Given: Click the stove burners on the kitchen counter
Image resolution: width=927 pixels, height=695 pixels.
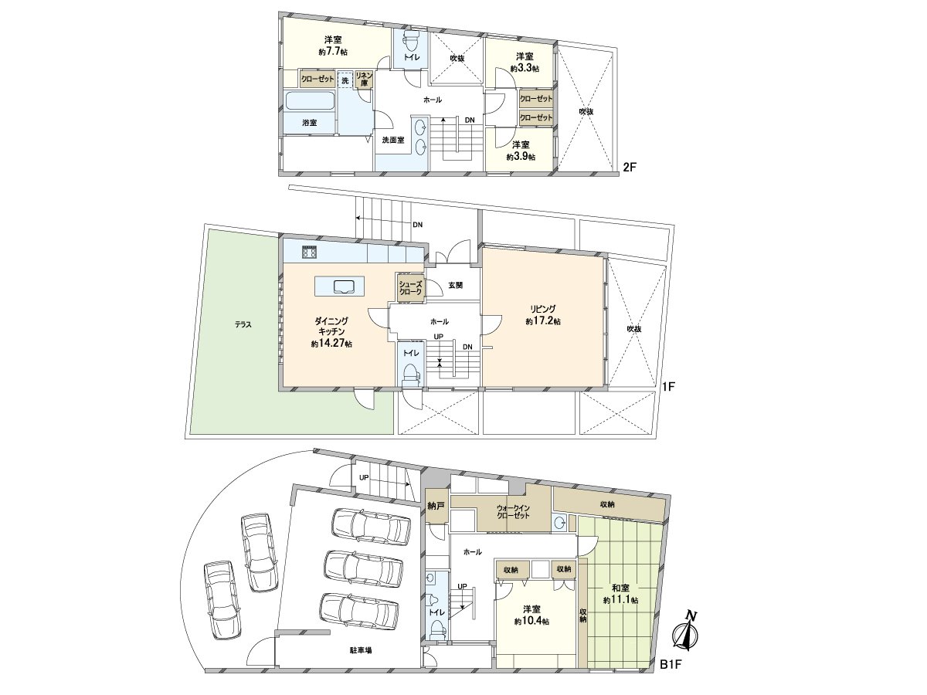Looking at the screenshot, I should (310, 253).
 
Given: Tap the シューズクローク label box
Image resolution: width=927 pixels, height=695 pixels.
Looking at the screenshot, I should (411, 288).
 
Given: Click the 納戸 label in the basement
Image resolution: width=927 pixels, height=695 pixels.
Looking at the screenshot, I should (436, 507).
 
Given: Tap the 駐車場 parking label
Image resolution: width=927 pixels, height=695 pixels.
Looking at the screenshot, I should (360, 650).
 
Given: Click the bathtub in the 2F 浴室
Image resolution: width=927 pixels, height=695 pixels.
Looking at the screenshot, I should (309, 101).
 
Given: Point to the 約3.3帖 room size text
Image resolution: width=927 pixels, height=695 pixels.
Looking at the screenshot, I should (525, 69).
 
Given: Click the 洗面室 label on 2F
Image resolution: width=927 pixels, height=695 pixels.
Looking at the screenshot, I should (393, 140).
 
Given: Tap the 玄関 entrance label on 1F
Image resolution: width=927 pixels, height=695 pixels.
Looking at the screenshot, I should (454, 285).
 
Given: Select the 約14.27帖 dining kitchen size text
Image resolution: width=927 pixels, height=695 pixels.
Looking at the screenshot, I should (332, 344).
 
